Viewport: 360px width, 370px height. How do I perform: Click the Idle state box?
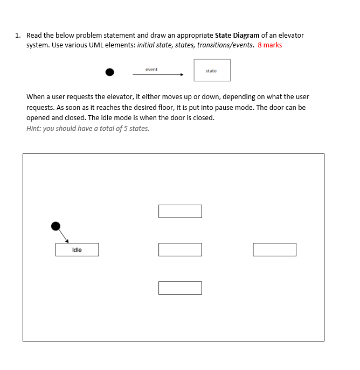(x=77, y=250)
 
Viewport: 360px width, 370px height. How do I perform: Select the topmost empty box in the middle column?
(x=180, y=211)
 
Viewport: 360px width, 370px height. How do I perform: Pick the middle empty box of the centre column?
(x=180, y=250)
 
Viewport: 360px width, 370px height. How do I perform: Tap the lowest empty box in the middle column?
(x=180, y=288)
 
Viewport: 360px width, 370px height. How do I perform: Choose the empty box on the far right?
(x=274, y=250)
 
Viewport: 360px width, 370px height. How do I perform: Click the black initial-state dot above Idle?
(x=56, y=226)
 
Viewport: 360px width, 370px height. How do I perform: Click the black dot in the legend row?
(x=110, y=72)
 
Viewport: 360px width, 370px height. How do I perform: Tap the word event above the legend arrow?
(x=151, y=69)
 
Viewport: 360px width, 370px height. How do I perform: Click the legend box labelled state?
(x=212, y=71)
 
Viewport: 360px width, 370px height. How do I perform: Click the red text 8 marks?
(x=270, y=45)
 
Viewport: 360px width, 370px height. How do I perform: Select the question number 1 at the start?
(x=18, y=36)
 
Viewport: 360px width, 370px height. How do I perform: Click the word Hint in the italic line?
(x=33, y=129)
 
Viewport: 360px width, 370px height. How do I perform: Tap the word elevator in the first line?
(x=292, y=36)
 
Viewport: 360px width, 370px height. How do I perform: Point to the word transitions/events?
(x=225, y=45)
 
